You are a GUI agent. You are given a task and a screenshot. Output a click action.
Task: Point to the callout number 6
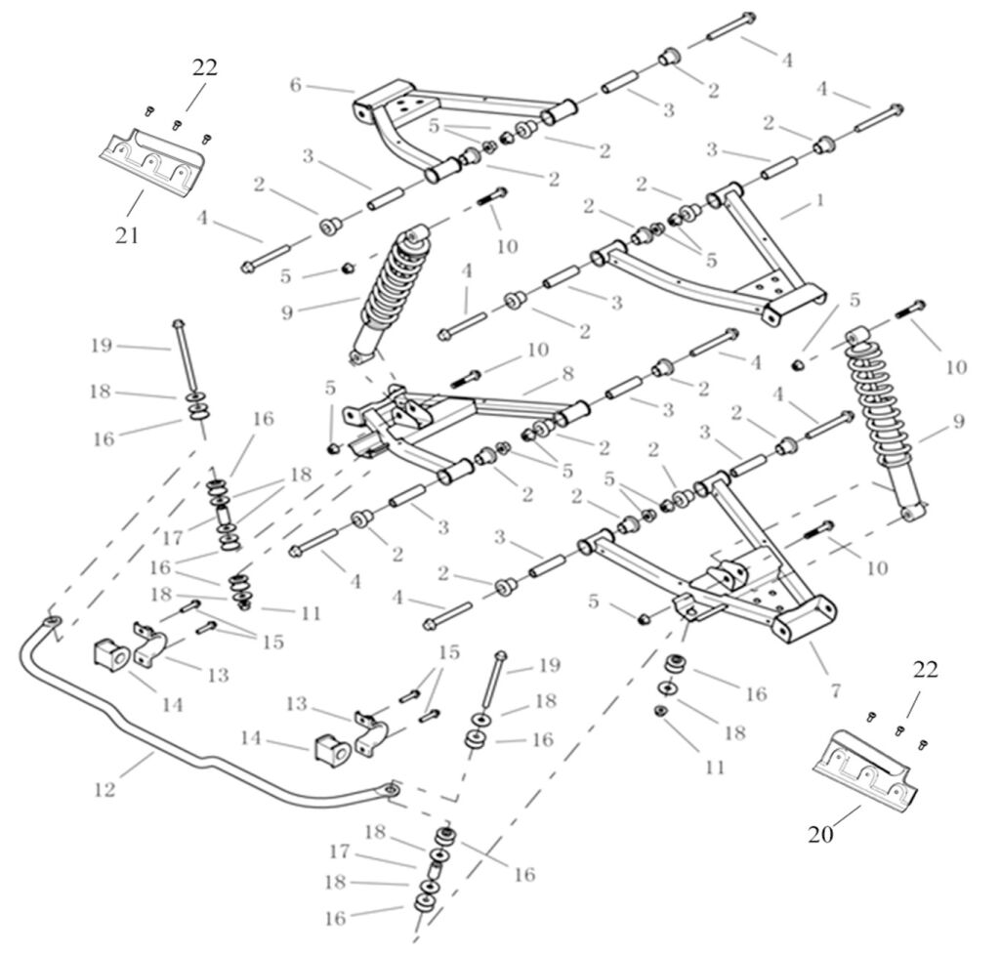(x=295, y=86)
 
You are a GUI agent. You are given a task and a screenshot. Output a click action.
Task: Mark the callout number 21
(x=128, y=234)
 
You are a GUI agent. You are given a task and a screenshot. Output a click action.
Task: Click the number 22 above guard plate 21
(x=204, y=67)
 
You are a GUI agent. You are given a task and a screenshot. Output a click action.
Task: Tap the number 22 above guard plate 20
(x=926, y=670)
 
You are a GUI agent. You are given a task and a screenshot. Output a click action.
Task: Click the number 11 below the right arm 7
(x=715, y=768)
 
